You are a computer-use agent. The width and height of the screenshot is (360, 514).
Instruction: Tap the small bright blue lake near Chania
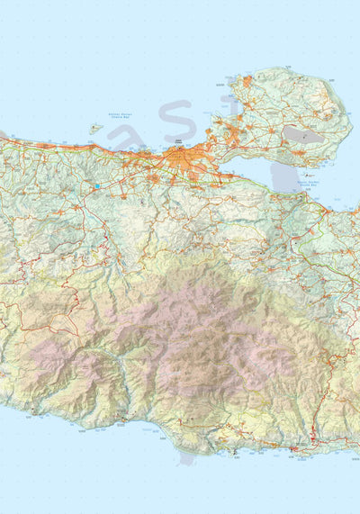coord(96,186)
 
